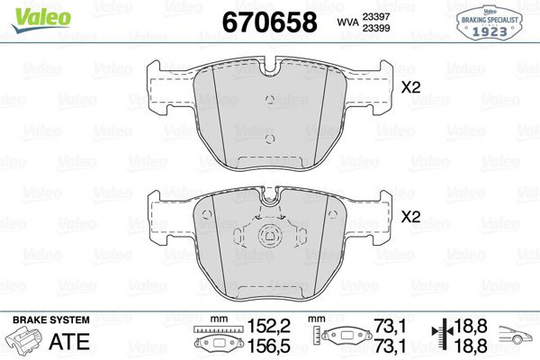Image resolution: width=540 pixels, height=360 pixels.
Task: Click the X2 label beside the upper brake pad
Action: pyautogui.click(x=410, y=88)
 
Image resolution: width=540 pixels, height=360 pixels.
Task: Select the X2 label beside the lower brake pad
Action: pyautogui.click(x=410, y=217)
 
